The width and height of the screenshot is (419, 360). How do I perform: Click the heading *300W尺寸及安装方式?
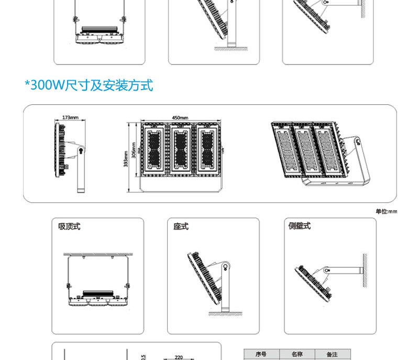[89, 85]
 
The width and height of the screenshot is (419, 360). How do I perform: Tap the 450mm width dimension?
[180, 117]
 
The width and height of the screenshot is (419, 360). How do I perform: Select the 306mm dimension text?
[134, 150]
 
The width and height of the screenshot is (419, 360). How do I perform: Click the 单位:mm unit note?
[386, 211]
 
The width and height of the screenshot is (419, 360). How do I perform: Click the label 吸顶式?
[69, 226]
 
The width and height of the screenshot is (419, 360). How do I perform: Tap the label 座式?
[181, 226]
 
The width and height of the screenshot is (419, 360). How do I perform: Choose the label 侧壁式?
[299, 226]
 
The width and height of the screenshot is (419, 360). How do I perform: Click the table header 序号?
[261, 355]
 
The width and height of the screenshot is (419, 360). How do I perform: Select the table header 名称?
[297, 355]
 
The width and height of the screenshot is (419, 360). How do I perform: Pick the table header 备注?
[332, 355]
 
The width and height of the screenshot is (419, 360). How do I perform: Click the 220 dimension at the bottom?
[178, 357]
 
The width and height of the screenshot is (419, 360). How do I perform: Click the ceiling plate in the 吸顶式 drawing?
[97, 255]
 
